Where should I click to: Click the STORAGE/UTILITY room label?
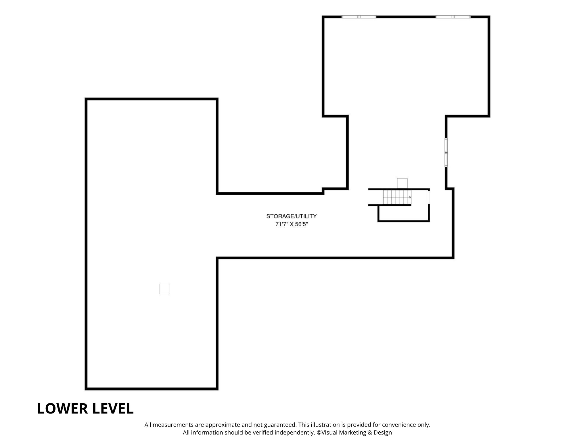291,216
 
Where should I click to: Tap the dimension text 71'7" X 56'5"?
292,224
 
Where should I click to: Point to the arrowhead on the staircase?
410,197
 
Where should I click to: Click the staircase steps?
397,197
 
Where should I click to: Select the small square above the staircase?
402,183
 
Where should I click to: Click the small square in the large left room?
165,289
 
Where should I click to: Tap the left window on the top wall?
359,17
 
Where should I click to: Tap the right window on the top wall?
453,17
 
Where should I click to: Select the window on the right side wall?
446,152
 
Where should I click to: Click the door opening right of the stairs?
429,197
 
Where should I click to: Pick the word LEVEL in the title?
110,408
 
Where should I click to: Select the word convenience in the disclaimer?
399,425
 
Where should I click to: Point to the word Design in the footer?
383,433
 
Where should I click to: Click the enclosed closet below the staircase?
404,213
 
